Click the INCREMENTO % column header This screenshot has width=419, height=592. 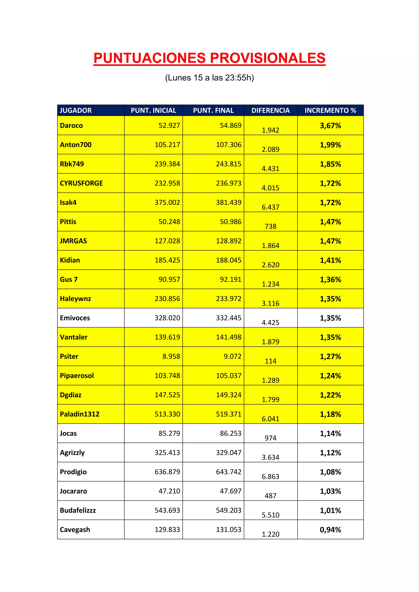[330, 110]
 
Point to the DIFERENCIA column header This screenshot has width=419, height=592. [270, 110]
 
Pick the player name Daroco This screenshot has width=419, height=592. [71, 126]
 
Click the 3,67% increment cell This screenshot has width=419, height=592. [330, 126]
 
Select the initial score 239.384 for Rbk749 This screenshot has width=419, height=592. [167, 164]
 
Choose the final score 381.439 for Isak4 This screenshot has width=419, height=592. [229, 202]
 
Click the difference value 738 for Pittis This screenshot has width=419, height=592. [270, 226]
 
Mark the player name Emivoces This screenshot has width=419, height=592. [75, 318]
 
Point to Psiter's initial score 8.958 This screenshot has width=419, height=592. [171, 356]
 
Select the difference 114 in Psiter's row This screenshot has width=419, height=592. [270, 361]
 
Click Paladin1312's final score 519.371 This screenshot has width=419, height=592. [229, 414]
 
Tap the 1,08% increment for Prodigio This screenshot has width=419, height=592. [330, 472]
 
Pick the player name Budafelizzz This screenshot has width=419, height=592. [78, 510]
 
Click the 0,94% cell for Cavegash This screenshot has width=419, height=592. [330, 530]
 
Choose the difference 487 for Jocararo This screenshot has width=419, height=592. [270, 496]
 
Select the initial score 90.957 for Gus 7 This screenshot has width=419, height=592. [169, 279]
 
